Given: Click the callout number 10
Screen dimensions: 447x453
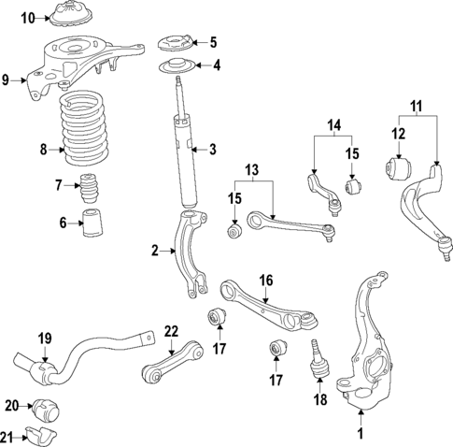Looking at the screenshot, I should (28, 18).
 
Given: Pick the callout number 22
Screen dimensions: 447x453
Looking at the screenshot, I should (170, 331).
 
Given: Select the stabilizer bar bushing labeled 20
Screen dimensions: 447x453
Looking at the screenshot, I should (44, 410).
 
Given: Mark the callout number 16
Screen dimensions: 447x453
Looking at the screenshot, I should (265, 280).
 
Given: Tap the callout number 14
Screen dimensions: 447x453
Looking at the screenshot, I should (334, 123).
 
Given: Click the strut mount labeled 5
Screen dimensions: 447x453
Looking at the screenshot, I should (174, 42).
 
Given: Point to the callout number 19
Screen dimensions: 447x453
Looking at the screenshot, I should (43, 338).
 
